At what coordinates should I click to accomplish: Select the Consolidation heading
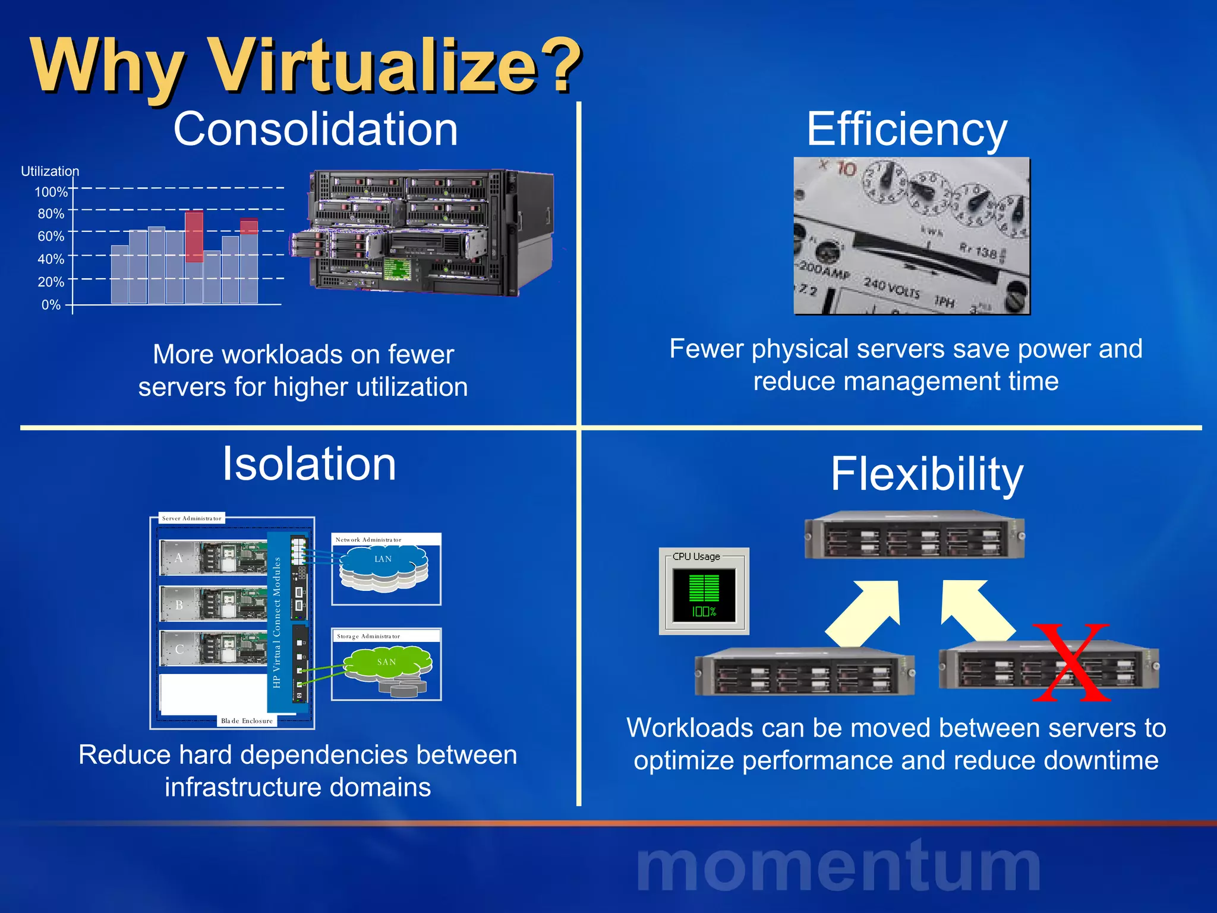(x=316, y=129)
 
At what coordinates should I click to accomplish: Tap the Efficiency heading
(x=907, y=129)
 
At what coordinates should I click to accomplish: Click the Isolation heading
(x=309, y=464)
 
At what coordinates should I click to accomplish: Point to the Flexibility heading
(x=927, y=474)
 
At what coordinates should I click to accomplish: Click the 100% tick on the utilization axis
(x=51, y=192)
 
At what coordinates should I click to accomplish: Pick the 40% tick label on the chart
(x=51, y=259)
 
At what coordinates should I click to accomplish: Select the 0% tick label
(x=51, y=305)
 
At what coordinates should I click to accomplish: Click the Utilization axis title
(x=50, y=171)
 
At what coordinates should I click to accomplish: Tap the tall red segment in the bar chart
(x=194, y=237)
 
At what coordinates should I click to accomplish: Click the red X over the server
(x=1071, y=662)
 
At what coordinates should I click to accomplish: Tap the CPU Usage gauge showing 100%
(x=704, y=594)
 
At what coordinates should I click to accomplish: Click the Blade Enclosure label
(x=247, y=721)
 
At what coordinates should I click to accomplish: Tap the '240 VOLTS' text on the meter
(x=892, y=288)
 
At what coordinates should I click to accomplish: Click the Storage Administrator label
(x=368, y=636)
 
